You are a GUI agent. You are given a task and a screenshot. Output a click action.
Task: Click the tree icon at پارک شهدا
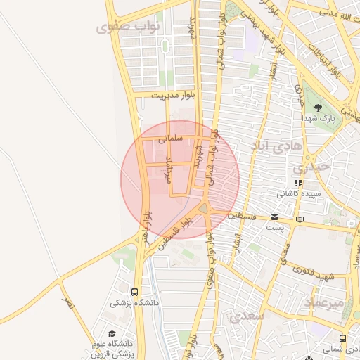319,108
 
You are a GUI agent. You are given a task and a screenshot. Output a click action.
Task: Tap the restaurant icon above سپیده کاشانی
299,183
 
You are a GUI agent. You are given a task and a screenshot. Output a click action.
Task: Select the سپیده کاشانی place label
299,193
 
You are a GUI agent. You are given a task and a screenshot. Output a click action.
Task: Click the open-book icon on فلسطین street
301,219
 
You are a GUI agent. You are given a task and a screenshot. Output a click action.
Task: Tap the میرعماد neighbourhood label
325,302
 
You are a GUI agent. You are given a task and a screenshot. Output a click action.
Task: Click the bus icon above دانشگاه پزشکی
134,292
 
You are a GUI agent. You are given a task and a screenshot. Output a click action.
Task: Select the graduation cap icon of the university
112,333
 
